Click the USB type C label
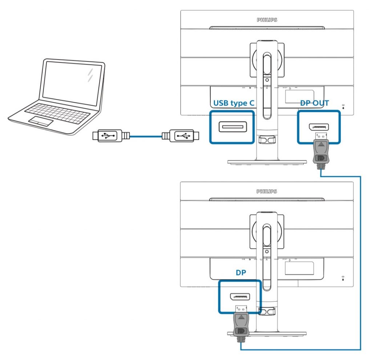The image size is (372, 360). coord(233,103)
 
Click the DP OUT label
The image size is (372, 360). coord(314,103)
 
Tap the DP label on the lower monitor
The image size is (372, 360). coord(241,273)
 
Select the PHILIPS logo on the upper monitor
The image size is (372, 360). coord(267,20)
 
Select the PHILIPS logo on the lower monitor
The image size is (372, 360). coord(267,191)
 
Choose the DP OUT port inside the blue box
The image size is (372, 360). coord(319,127)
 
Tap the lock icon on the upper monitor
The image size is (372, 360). coord(344,106)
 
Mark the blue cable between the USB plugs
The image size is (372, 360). coord(145,136)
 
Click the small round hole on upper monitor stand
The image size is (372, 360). coord(267,79)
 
